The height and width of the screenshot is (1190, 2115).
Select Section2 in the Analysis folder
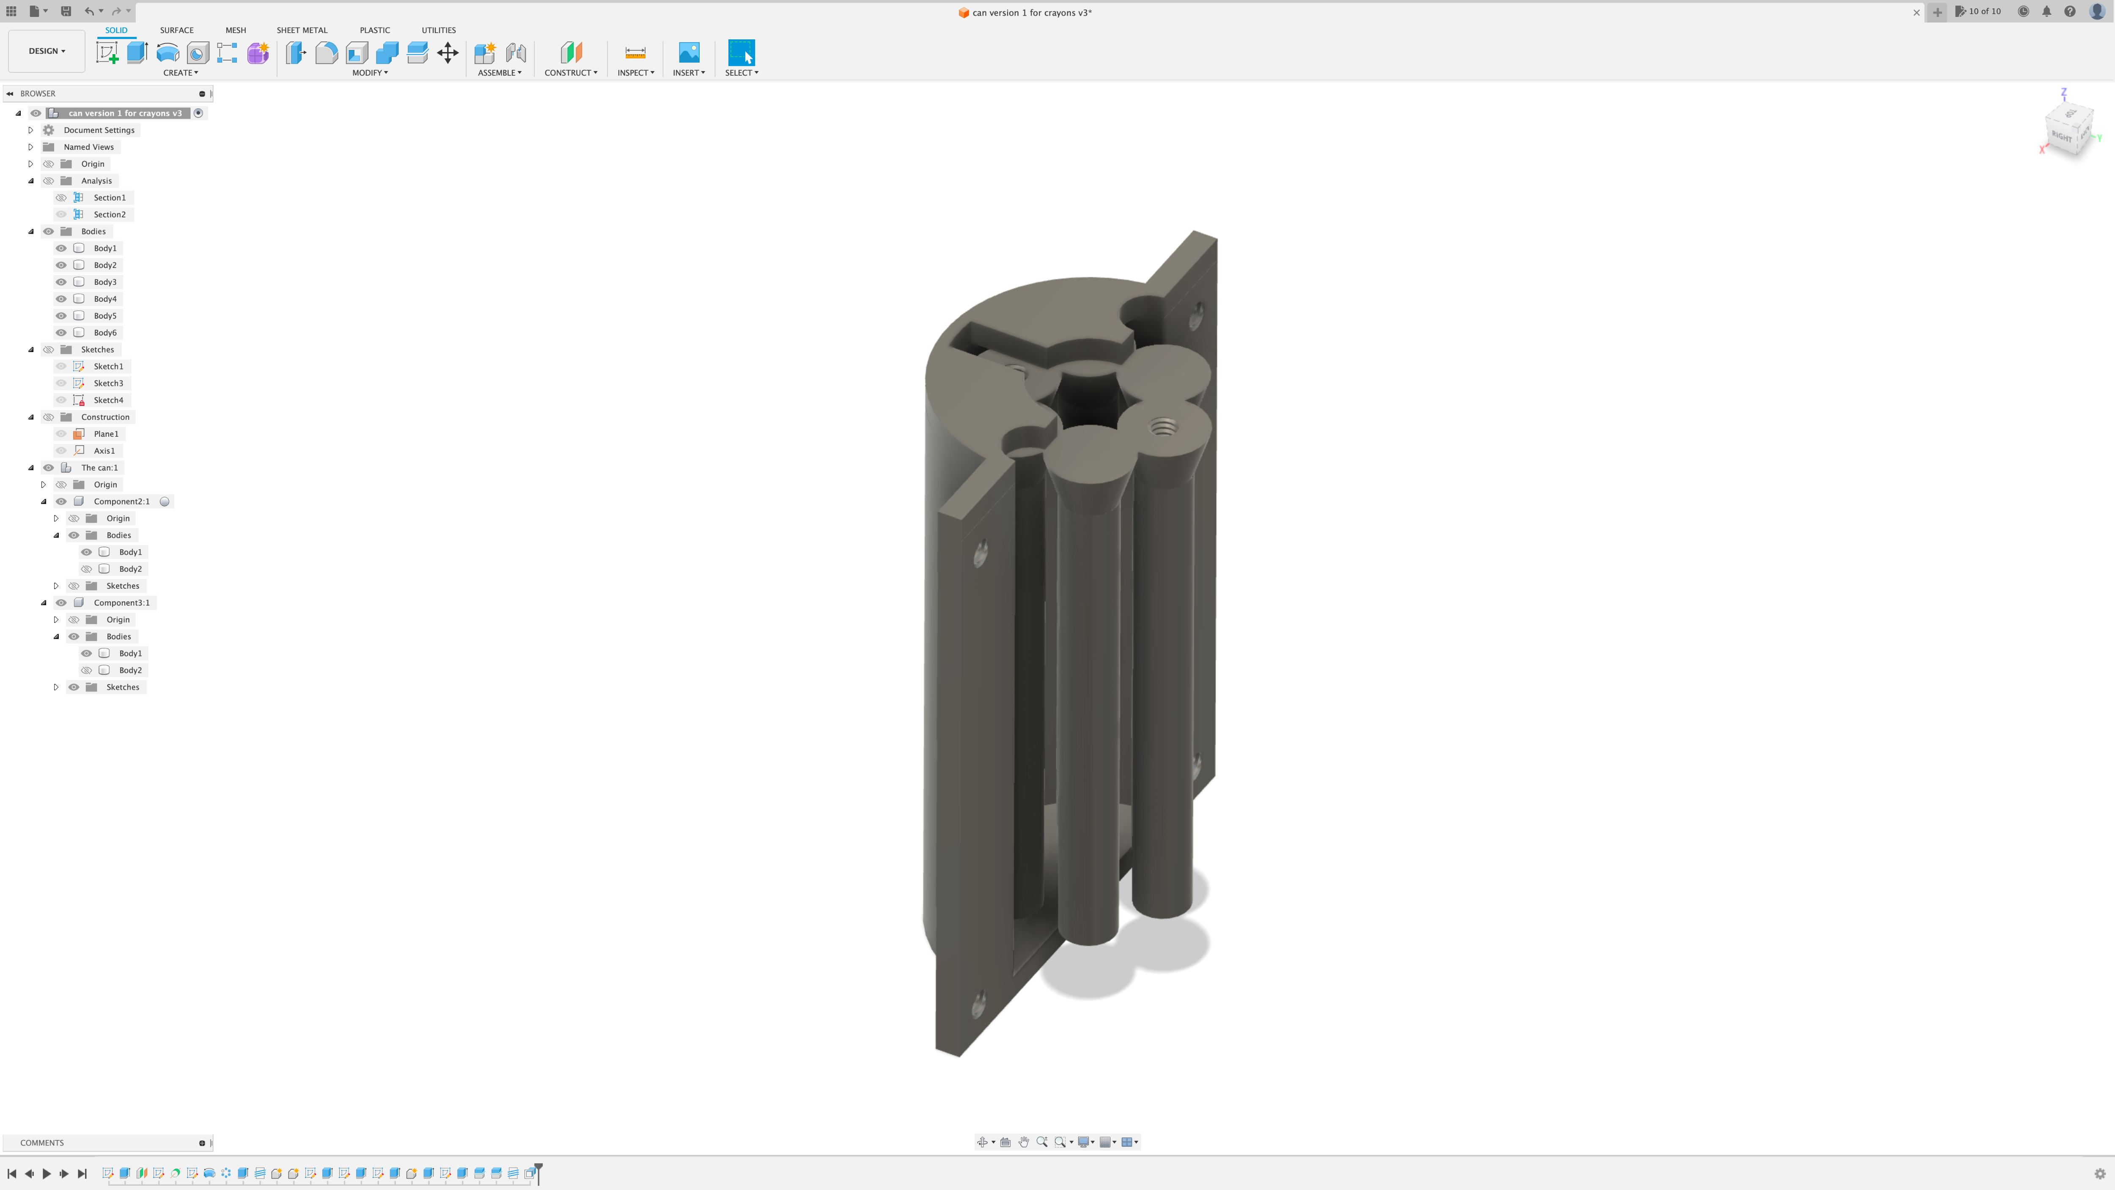109,215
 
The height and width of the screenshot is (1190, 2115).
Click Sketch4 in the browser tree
108,400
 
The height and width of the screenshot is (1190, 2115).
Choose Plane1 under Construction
106,434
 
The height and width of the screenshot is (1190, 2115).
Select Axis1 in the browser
104,451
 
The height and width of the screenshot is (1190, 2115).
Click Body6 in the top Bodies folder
105,333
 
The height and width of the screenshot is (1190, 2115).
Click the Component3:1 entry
121,603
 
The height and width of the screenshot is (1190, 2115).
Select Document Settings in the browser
99,130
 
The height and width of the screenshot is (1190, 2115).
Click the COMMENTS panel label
42,1142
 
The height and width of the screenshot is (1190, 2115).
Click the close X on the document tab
1916,12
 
